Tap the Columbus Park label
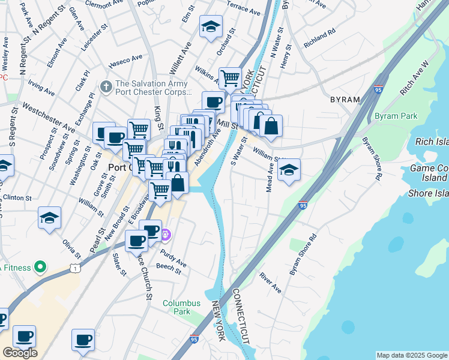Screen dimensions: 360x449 (176, 307)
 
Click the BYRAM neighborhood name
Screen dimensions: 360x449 (345, 100)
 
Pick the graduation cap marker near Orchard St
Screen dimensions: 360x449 (211, 27)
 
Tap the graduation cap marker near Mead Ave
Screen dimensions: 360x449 (289, 170)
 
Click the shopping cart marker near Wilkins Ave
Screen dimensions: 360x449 (229, 78)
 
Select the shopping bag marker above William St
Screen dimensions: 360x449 (271, 126)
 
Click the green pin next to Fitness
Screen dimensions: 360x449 (40, 266)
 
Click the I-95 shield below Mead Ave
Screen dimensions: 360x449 (303, 205)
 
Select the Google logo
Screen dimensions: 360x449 (20, 353)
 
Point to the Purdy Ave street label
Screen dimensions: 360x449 (173, 259)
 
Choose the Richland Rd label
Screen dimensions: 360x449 (319, 40)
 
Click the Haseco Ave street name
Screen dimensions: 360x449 (125, 60)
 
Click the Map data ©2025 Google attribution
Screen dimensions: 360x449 (412, 355)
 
